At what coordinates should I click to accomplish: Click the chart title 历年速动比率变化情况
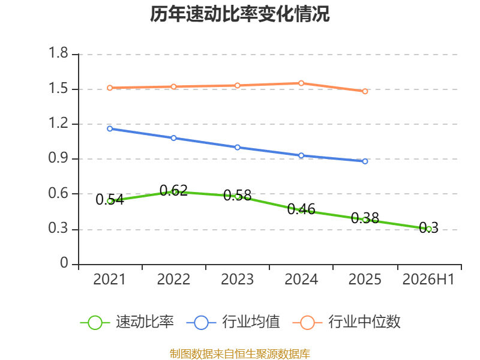point(239,14)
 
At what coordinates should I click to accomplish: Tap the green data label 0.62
point(173,190)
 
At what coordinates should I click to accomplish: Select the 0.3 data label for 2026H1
point(428,228)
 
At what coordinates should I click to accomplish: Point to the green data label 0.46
point(301,209)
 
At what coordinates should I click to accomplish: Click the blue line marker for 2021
point(110,129)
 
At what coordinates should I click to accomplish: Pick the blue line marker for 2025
point(365,161)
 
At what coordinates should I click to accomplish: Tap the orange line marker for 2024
point(301,83)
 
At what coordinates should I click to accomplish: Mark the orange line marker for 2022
point(173,86)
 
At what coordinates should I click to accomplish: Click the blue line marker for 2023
point(237,148)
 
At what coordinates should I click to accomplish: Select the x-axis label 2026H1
point(428,280)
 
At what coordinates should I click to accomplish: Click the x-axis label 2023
point(237,280)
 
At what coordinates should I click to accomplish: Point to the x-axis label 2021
point(109,280)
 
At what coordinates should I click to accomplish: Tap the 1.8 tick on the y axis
point(58,53)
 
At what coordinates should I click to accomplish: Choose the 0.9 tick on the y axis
point(58,158)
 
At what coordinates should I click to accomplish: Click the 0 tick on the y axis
point(64,263)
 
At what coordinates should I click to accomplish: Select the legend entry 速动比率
point(127,322)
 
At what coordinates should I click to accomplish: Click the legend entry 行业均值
point(233,322)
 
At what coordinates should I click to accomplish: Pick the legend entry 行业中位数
point(347,322)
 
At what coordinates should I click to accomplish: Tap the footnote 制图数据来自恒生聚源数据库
point(240,353)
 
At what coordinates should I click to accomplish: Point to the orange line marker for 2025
point(365,92)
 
